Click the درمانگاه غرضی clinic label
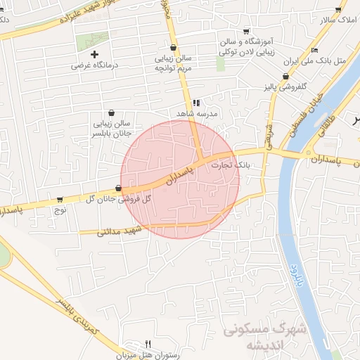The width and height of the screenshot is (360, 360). tap(96, 65)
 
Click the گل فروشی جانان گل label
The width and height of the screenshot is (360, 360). tap(119, 199)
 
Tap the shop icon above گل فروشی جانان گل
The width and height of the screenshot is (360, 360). tap(117, 188)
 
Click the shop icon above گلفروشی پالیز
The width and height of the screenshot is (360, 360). tap(285, 77)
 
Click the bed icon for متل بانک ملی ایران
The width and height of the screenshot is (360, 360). tap(314, 50)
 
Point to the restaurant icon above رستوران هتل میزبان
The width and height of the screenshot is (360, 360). tap(148, 344)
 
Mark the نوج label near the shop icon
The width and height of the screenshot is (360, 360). tap(60, 210)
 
